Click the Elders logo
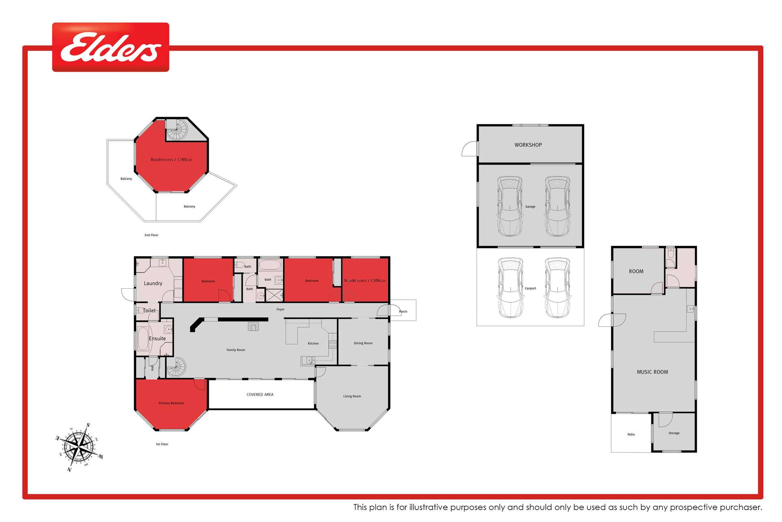pos(110,47)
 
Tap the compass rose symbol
pos(80,447)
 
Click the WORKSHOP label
pos(528,145)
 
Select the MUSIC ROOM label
pos(652,372)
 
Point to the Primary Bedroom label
pos(171,403)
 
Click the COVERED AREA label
pos(260,395)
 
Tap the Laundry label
pos(153,283)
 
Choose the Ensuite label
pos(157,338)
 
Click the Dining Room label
pos(363,343)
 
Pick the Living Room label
pos(352,396)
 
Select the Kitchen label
pos(313,343)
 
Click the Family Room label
pos(236,350)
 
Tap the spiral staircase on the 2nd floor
pos(177,130)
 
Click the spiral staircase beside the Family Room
pos(176,367)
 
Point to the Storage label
pos(674,433)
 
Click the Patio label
pos(631,435)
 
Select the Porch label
pos(403,312)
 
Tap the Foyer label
pos(280,310)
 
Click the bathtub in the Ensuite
pos(143,339)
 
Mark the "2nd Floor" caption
pos(151,235)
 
